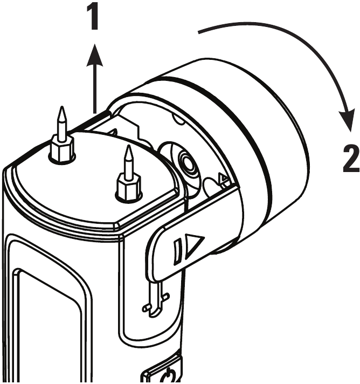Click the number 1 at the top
pos(94,17)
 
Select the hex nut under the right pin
pos(129,188)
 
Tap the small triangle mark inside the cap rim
pos(224,177)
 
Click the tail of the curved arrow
pos(200,32)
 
